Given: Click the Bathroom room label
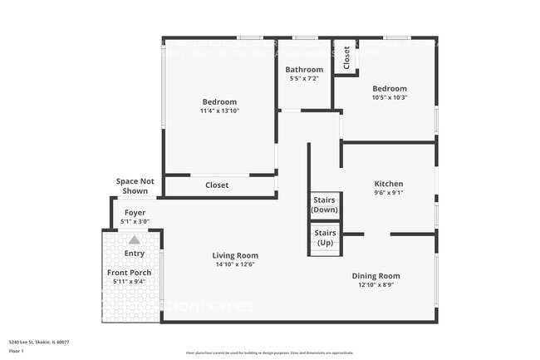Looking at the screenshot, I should click(304, 70).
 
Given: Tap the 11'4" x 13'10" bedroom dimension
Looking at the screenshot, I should click(219, 111).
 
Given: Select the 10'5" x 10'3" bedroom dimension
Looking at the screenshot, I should click(389, 98).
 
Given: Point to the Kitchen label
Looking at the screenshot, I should click(389, 184).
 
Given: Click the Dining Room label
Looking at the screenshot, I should click(379, 276).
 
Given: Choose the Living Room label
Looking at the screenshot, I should click(235, 255).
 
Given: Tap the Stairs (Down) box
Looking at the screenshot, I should click(324, 205).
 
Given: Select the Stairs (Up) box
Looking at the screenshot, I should click(325, 238).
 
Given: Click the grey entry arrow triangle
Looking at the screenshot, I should click(134, 239).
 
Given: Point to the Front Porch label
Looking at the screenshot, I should click(129, 273).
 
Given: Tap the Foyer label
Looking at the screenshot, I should click(135, 213).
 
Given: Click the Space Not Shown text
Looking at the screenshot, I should click(135, 185).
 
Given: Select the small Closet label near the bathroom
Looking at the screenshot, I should click(346, 57).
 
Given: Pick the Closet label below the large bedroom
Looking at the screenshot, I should click(217, 185).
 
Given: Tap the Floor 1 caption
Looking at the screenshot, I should click(16, 350).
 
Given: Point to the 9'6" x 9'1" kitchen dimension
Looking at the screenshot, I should click(389, 193).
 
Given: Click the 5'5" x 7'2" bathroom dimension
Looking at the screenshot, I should click(304, 79).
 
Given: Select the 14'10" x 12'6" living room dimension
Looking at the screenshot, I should click(235, 264).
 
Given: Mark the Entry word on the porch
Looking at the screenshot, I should click(134, 254).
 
